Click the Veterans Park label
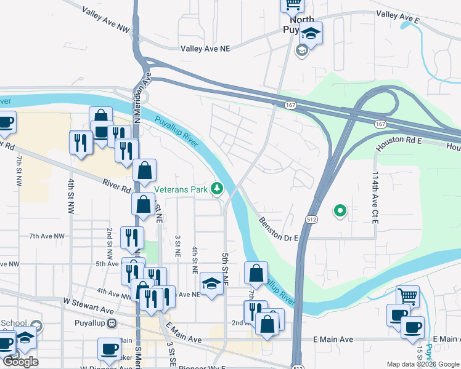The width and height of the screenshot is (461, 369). coord(181,189)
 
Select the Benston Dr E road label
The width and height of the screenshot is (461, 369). coord(279,229)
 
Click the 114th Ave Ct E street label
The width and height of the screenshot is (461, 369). coord(375,197)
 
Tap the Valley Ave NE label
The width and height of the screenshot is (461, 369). coord(205,49)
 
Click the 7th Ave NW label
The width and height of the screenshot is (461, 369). coord(47,236)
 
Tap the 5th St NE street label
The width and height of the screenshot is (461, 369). coord(225,268)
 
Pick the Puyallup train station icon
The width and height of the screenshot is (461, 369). coord(112,323)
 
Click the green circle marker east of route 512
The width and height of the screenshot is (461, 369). coord(339,212)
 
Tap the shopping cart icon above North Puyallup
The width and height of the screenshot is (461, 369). coord(292,4)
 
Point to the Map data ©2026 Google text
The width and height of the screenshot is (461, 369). coord(423,364)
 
